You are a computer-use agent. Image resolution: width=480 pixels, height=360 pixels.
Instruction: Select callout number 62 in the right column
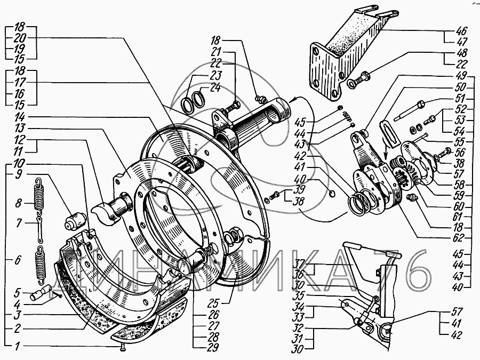[459, 238]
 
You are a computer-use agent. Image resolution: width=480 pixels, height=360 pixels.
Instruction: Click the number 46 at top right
[461, 31]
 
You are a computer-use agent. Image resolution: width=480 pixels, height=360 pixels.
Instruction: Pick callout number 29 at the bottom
[213, 347]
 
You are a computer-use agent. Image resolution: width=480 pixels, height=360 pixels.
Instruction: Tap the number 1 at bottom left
[18, 346]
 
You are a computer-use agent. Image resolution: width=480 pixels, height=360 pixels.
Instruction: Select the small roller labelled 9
[75, 221]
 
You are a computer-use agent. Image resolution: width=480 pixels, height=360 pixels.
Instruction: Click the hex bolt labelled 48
[358, 79]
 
